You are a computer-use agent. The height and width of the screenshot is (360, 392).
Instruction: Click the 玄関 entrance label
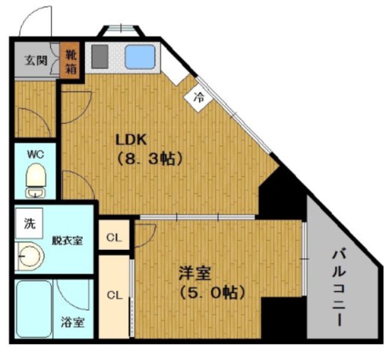click(x=36, y=61)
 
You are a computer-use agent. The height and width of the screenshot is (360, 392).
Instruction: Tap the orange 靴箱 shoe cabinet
click(x=70, y=59)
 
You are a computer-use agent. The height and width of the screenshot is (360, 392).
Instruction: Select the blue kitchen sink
click(x=140, y=57)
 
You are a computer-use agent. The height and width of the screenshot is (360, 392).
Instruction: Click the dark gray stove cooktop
click(x=100, y=56)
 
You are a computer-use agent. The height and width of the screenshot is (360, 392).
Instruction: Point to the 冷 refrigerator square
click(x=198, y=97)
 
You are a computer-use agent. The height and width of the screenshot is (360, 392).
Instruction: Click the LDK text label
click(x=131, y=140)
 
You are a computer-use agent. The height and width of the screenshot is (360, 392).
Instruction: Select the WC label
click(x=35, y=154)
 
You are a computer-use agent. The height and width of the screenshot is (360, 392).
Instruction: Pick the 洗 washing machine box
click(x=29, y=223)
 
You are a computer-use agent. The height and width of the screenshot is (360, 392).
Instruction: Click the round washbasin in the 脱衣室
click(x=31, y=256)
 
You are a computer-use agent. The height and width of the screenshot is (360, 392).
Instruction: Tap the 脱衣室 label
click(x=68, y=241)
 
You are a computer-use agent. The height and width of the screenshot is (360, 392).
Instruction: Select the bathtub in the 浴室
click(x=34, y=309)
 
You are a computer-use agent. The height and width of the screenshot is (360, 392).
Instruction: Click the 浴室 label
click(x=73, y=322)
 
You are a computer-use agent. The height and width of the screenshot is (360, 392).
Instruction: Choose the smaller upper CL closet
click(x=114, y=235)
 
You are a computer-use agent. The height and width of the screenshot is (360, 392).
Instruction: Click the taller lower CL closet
click(x=114, y=297)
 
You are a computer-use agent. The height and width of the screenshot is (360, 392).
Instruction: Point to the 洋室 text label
click(x=195, y=274)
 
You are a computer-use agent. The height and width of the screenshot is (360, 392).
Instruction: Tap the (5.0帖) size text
click(x=213, y=292)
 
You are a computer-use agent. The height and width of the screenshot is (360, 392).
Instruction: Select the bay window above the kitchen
click(x=121, y=31)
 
